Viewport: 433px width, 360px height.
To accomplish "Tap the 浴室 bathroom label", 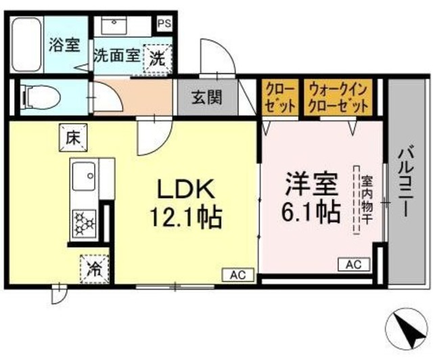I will (x=64, y=46).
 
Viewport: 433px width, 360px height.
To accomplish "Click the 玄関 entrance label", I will (x=206, y=97).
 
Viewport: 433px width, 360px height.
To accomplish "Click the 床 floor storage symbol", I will (x=72, y=136).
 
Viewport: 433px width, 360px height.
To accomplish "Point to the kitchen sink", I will (x=84, y=178).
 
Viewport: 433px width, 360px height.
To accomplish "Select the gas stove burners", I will (x=85, y=221).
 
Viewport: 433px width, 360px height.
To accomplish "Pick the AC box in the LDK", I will (x=237, y=275).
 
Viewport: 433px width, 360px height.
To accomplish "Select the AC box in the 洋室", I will (x=352, y=265).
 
